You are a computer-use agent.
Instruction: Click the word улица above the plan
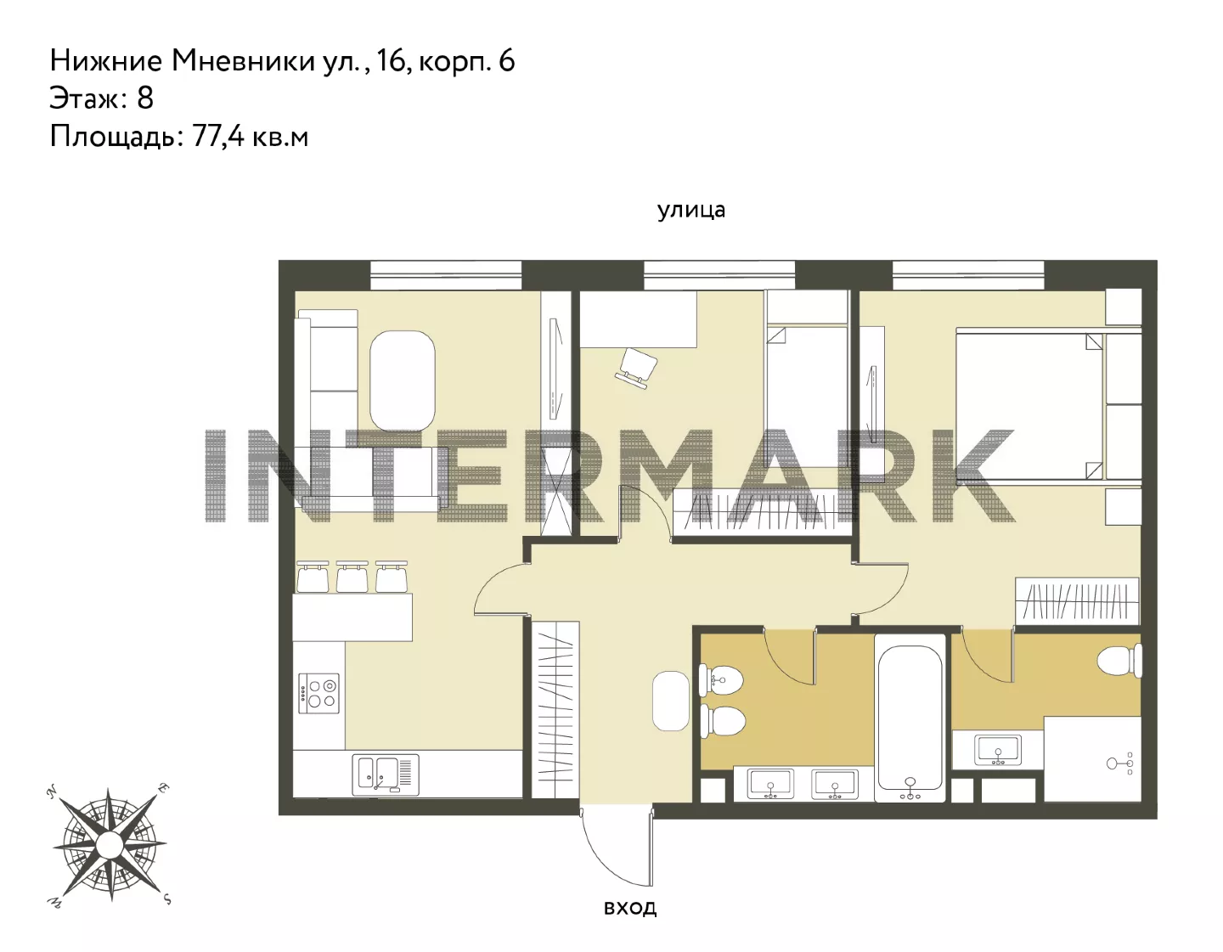(x=691, y=210)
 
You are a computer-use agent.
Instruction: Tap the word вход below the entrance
(x=630, y=907)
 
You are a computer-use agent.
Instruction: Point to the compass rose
(x=110, y=844)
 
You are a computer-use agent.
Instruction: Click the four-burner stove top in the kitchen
(x=319, y=693)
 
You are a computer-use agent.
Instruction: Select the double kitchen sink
(x=386, y=775)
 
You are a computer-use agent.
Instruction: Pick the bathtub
(x=910, y=718)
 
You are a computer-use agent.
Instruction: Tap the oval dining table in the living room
(x=403, y=381)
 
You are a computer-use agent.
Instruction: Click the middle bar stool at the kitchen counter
(x=352, y=576)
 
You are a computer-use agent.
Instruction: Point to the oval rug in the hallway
(x=670, y=701)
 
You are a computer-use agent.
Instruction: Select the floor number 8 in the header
(x=145, y=98)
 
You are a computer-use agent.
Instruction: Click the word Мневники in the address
(x=243, y=61)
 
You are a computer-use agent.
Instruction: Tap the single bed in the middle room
(x=807, y=397)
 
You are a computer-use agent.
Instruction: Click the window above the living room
(x=446, y=274)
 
